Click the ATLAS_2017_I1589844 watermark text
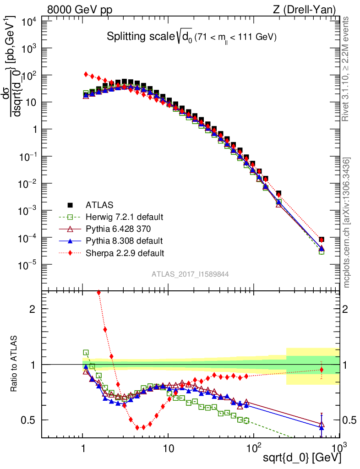(191, 274)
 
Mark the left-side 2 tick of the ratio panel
(33, 309)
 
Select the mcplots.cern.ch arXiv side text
(347, 223)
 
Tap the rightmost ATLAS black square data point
(322, 240)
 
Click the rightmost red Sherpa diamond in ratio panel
(322, 370)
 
